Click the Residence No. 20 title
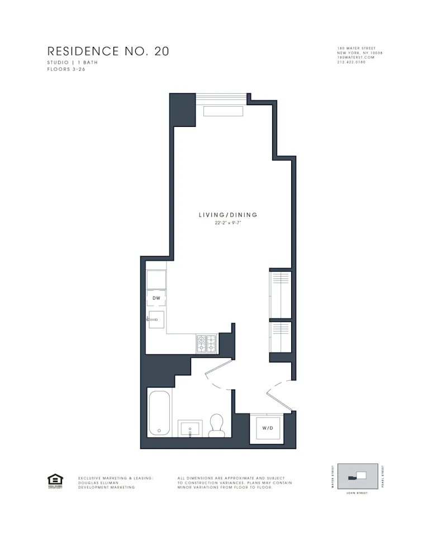click(108, 51)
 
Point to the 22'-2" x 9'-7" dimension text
click(228, 222)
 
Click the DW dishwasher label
click(156, 299)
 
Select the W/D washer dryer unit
click(267, 428)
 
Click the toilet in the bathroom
click(216, 426)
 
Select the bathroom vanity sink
click(190, 429)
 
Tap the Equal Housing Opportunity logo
click(55, 481)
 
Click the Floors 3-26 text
click(66, 69)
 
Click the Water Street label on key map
click(333, 476)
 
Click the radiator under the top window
click(223, 111)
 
